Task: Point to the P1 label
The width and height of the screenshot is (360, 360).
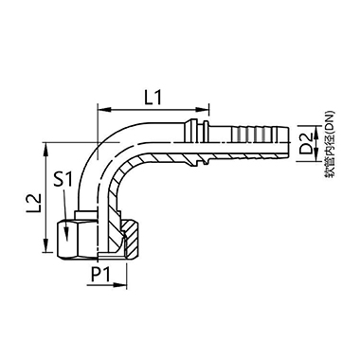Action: click(99, 274)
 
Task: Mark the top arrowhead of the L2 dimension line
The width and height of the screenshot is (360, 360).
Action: click(45, 147)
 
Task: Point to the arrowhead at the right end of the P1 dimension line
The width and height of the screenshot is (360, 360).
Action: click(124, 282)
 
